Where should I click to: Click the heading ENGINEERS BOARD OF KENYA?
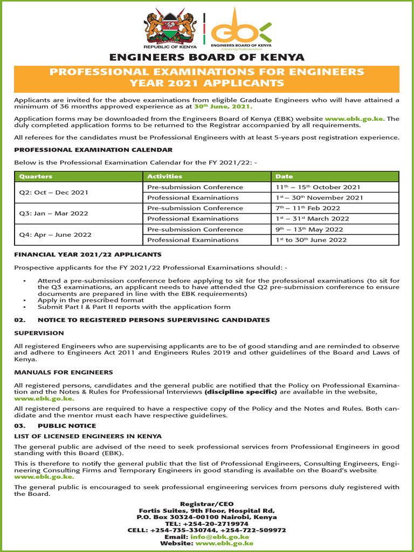coord(207,58)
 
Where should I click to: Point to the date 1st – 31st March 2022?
coord(312,219)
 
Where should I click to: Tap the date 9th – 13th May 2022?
coord(309,229)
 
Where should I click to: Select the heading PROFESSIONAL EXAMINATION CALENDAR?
coord(93,150)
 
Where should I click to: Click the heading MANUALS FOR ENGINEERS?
coord(64,372)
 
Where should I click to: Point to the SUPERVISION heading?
coord(37,333)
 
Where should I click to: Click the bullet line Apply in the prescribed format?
coord(84,300)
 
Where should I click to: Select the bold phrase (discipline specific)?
coord(240,392)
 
